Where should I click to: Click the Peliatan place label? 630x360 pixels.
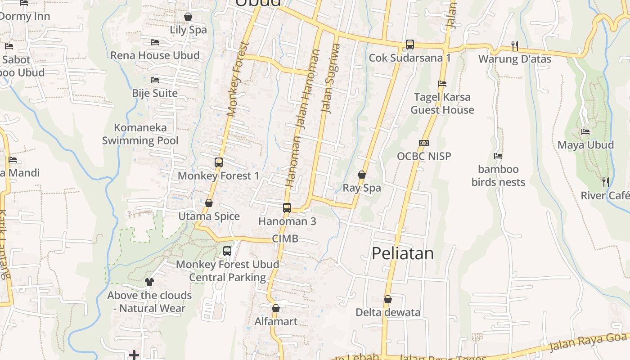click(x=403, y=253)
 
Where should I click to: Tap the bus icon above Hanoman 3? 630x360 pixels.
click(x=287, y=208)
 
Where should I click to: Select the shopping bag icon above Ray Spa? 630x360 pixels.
click(x=362, y=175)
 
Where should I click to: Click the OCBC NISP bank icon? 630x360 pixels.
click(x=424, y=143)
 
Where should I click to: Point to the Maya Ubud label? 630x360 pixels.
click(x=585, y=145)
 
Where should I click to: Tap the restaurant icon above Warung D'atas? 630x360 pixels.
click(x=515, y=45)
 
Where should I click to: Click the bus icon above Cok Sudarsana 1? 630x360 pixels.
click(x=409, y=45)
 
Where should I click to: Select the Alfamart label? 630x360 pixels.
click(x=276, y=321)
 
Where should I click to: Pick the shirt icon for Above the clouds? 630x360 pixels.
click(x=149, y=282)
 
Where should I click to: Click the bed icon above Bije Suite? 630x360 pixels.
click(x=155, y=80)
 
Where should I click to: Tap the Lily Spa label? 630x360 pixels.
click(x=188, y=30)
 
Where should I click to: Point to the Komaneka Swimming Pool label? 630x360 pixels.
click(x=140, y=134)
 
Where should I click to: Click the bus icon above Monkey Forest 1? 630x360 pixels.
click(x=219, y=162)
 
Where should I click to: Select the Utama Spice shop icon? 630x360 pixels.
click(x=209, y=203)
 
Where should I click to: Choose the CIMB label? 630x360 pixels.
click(x=285, y=238)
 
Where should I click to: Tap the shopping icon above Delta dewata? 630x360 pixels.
click(x=388, y=299)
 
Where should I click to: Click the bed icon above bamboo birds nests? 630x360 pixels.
click(x=498, y=156)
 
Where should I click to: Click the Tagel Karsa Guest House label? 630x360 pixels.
click(x=442, y=103)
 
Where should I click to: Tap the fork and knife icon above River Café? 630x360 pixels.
click(x=606, y=182)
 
